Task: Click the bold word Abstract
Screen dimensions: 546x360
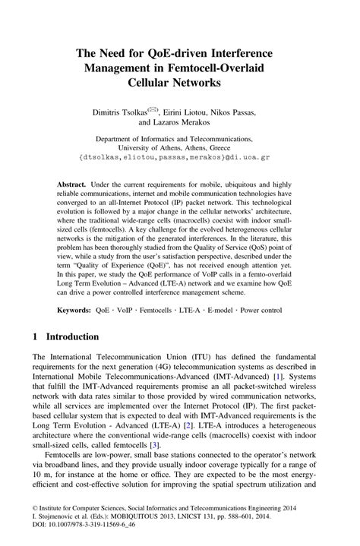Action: [x=71, y=185]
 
